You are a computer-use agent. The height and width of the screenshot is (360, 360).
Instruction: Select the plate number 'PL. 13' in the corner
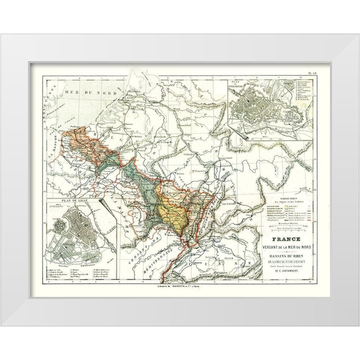coord(312,73)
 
